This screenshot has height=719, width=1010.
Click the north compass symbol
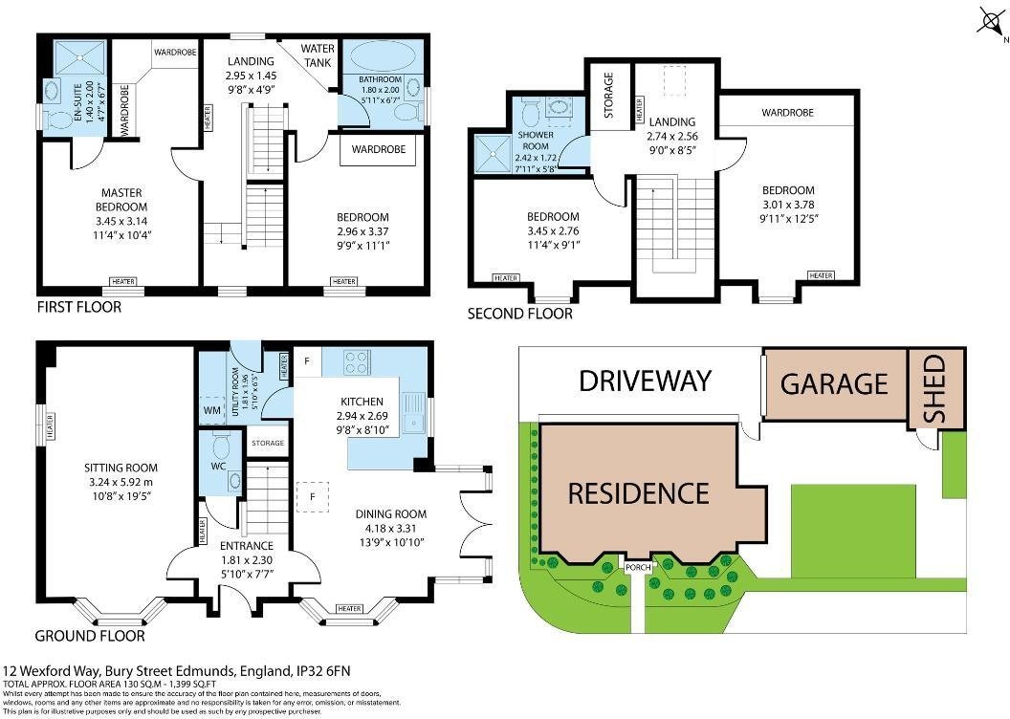(x=990, y=21)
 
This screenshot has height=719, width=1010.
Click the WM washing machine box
(x=211, y=410)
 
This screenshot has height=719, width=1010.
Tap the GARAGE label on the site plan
(x=834, y=383)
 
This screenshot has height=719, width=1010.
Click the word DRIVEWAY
(x=646, y=381)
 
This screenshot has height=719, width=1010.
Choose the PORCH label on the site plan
(x=638, y=567)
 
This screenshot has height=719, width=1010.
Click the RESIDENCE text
(x=638, y=493)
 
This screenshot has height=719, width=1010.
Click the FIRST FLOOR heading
(x=78, y=308)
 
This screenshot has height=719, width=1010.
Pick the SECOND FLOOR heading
(x=519, y=314)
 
